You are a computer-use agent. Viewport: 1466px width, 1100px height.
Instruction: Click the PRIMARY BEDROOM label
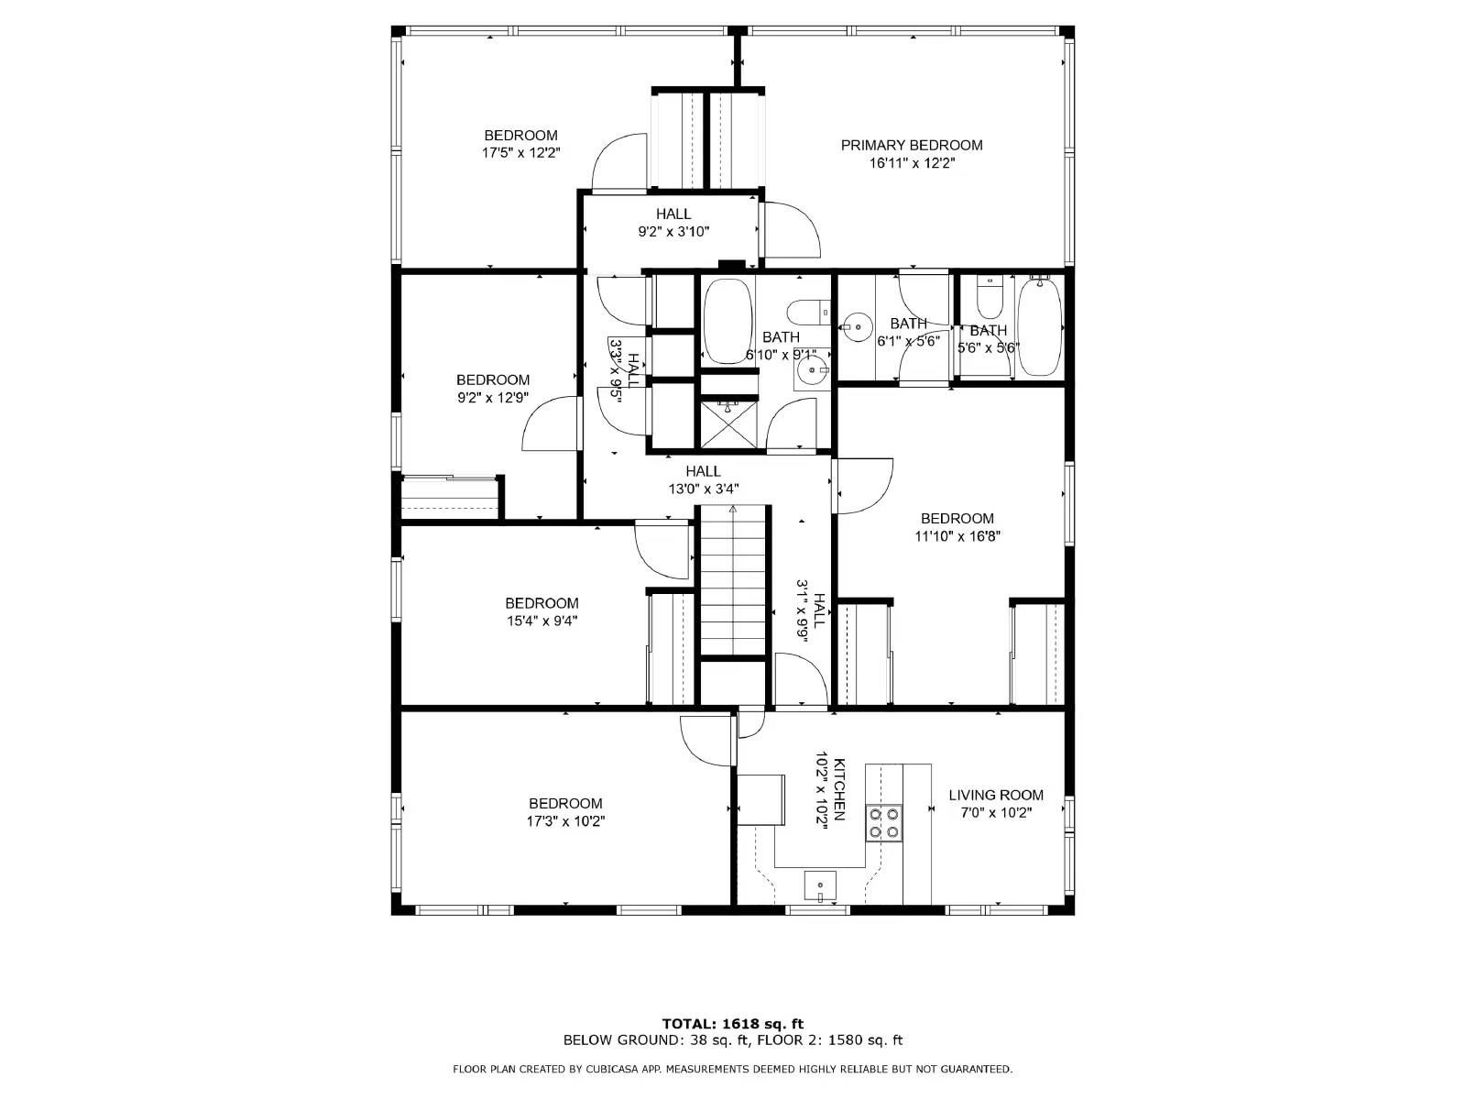coord(911,145)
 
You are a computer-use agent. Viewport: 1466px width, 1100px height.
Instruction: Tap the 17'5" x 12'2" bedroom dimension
coord(521,153)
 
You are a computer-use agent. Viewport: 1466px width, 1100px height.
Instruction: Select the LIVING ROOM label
coord(996,795)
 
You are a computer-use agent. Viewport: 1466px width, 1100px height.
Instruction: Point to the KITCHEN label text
coord(839,789)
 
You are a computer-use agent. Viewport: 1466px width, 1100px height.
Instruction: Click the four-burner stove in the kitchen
coord(884,823)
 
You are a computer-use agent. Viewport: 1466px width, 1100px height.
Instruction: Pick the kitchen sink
coord(819,886)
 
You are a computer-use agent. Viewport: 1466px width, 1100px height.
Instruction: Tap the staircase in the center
coord(733,580)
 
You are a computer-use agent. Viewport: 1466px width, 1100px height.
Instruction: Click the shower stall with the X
coord(728,424)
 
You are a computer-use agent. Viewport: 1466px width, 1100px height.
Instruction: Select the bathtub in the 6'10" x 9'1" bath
coord(728,321)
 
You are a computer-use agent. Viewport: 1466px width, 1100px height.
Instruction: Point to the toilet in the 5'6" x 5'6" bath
coord(990,298)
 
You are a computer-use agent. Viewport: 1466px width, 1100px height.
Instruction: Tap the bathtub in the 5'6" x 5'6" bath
coord(1039,327)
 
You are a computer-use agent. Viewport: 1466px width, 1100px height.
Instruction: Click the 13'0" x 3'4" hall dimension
coord(704,489)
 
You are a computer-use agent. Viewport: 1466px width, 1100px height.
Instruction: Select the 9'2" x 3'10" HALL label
coord(673,214)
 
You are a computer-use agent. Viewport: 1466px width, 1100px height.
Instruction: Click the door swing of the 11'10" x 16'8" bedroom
coord(863,486)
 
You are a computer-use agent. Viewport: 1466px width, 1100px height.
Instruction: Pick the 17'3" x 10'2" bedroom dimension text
coord(565,820)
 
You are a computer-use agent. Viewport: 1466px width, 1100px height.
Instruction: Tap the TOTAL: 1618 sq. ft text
coord(733,1023)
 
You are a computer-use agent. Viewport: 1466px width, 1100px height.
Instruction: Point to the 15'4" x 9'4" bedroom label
coord(542,611)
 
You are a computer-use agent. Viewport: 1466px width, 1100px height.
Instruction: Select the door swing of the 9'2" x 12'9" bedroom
coord(551,423)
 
